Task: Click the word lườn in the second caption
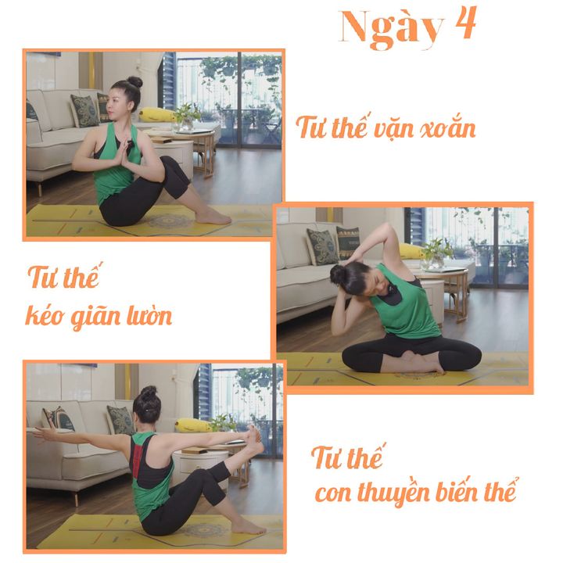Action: (x=150, y=315)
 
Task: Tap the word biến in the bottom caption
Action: (x=457, y=491)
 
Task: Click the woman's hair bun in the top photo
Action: (x=134, y=82)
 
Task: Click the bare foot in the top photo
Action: (x=213, y=217)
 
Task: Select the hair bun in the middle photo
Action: (x=338, y=274)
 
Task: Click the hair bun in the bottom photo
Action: (x=149, y=393)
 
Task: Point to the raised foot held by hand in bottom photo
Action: (x=256, y=439)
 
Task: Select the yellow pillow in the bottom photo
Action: (x=192, y=425)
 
